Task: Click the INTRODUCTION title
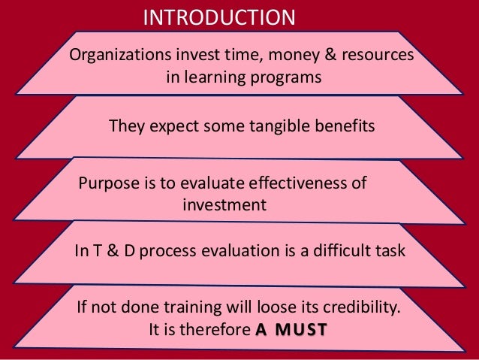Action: (x=219, y=16)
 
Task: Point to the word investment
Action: (x=224, y=204)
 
